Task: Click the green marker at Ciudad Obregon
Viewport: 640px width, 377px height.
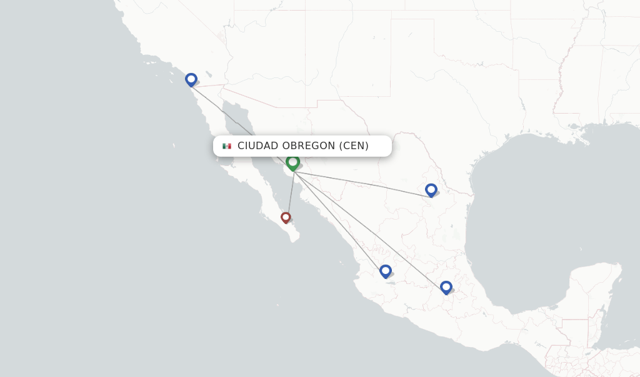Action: coord(292,162)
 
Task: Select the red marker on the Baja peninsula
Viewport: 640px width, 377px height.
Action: coord(286,217)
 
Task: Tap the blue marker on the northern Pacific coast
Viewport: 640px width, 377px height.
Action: coord(191,79)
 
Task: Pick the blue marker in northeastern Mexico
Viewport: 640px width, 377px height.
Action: coord(431,190)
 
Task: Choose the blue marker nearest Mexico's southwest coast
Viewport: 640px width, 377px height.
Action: coord(386,271)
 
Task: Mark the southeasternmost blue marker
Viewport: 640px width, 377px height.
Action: coord(446,287)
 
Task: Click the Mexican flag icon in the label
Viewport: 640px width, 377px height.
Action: coord(227,146)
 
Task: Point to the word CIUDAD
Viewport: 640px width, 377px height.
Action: coord(258,146)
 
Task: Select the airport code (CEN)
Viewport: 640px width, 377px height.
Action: coord(354,146)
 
